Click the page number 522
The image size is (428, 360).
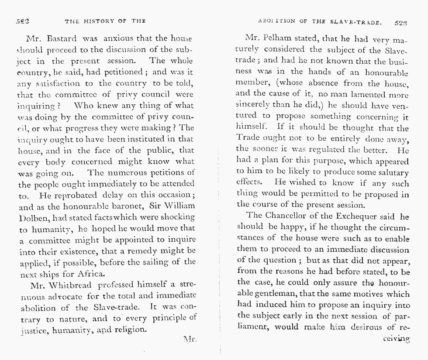pos(22,21)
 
